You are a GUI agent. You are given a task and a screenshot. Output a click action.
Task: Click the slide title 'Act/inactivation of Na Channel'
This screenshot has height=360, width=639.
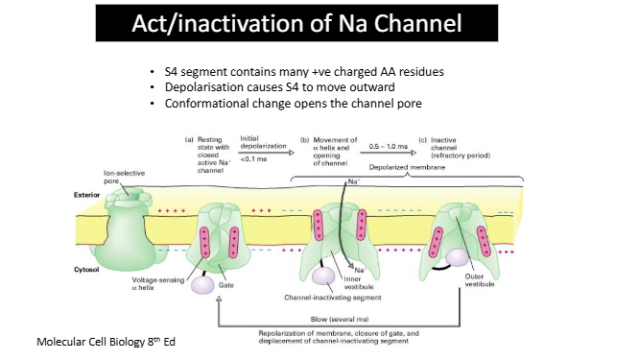click(319, 22)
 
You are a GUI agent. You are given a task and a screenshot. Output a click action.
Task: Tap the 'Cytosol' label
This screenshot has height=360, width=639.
click(89, 272)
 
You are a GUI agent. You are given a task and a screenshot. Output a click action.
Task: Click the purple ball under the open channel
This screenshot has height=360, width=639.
click(325, 276)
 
